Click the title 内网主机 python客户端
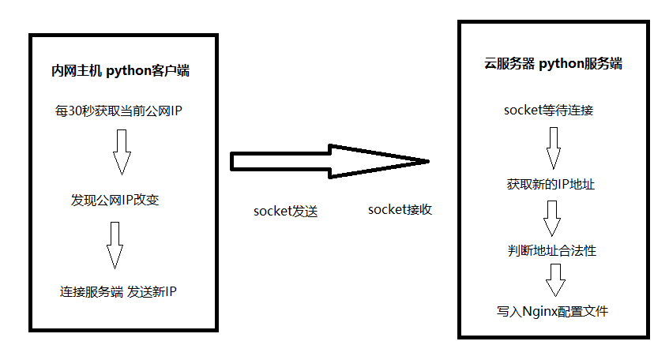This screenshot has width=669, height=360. click(120, 72)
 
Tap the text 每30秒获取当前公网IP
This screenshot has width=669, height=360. click(119, 111)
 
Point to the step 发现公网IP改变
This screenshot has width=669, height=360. click(115, 200)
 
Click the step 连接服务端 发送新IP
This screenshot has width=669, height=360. click(118, 291)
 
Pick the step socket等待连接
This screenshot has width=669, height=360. click(548, 110)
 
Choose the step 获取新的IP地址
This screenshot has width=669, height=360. click(551, 184)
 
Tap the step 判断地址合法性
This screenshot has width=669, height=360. click(552, 250)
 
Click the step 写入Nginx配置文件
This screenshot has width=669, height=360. click(552, 311)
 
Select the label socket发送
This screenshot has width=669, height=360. click(285, 212)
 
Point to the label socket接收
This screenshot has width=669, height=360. click(400, 210)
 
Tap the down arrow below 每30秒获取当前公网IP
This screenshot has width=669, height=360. click(121, 152)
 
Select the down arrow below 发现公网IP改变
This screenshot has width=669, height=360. click(115, 245)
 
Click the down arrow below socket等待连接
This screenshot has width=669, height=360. click(553, 147)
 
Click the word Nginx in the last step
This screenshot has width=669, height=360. click(539, 311)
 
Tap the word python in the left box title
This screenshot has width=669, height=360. click(128, 72)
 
